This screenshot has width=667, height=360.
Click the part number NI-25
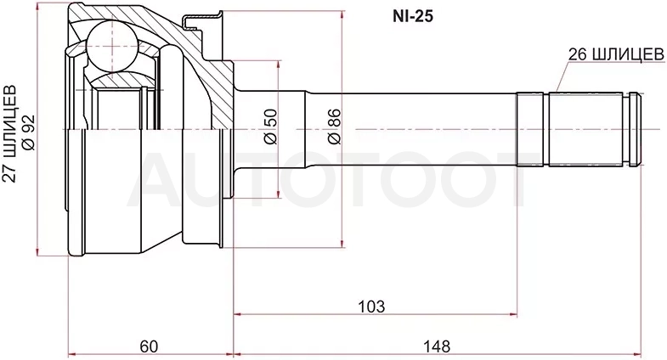[x=412, y=16]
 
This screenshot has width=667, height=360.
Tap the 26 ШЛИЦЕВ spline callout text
[x=616, y=54]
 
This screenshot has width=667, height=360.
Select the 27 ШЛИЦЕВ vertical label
[x=10, y=133]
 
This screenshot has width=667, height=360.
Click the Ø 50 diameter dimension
[x=270, y=127]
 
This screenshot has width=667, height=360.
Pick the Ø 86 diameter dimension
[x=334, y=127]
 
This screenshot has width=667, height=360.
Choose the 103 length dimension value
[x=371, y=306]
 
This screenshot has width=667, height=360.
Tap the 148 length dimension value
[x=437, y=346]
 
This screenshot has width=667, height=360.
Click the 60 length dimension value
[x=149, y=346]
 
